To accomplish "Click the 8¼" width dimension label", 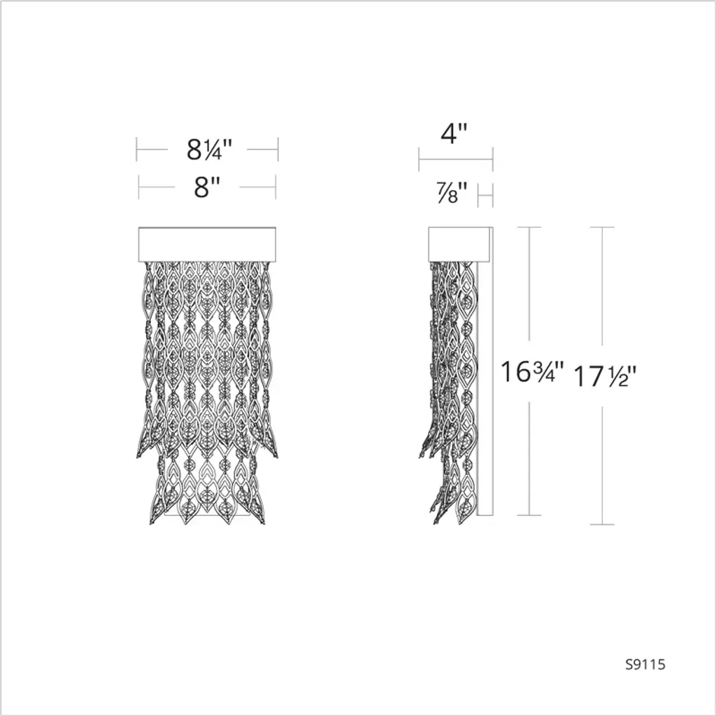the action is [x=210, y=149].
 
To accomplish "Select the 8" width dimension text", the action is [x=207, y=186].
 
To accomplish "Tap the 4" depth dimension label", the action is [x=454, y=134].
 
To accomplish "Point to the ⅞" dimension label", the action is [x=452, y=192].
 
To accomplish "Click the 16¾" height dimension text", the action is [x=532, y=372].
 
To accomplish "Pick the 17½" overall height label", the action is [x=605, y=377].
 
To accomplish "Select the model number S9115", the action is [x=645, y=664].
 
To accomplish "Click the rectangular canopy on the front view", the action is [x=207, y=244].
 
